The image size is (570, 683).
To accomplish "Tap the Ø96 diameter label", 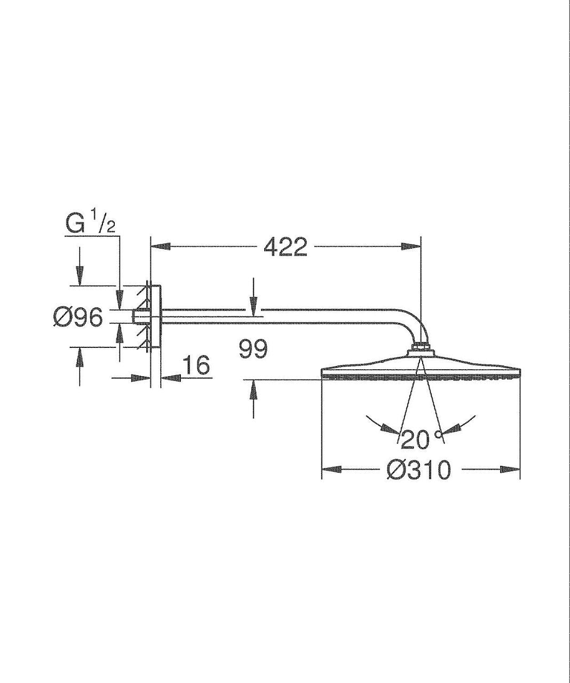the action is pos(78,317).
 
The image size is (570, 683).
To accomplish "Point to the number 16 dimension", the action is pos(195,365).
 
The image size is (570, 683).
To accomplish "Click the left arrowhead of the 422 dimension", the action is pos(161,247).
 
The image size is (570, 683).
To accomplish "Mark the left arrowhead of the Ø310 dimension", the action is pos(332,470).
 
